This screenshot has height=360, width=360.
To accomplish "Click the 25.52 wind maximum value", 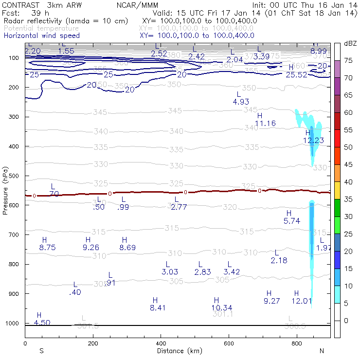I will [x=296, y=75].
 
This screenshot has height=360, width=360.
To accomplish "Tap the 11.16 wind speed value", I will [x=265, y=124].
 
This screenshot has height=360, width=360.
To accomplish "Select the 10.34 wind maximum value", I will [x=221, y=307].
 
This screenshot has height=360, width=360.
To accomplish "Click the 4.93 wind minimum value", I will [x=241, y=102].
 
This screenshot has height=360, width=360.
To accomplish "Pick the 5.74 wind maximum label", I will [x=291, y=221].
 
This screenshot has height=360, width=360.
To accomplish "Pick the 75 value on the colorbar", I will [x=348, y=60].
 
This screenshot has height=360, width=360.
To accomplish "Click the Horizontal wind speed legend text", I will [x=41, y=36].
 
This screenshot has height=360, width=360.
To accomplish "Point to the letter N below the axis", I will [x=322, y=351].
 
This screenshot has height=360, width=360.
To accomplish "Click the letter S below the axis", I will [x=41, y=351].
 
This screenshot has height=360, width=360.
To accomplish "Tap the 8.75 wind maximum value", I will [x=48, y=248].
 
